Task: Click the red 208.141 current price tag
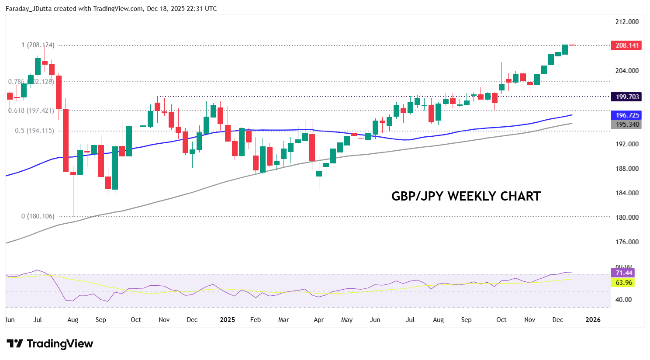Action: (x=627, y=45)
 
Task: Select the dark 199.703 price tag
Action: (x=627, y=97)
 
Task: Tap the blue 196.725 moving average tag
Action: (x=627, y=115)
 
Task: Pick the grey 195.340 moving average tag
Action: (x=627, y=125)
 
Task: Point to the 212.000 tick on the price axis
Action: (x=627, y=22)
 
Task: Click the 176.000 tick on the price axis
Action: (x=627, y=242)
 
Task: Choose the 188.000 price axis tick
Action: (x=627, y=169)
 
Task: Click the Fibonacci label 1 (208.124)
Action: (x=38, y=45)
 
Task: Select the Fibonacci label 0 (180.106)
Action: (x=38, y=216)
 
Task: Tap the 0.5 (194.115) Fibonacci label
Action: (x=35, y=131)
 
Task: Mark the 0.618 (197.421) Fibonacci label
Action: (x=31, y=111)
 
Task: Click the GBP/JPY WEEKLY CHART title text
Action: (x=466, y=196)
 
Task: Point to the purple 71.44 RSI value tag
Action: (x=623, y=273)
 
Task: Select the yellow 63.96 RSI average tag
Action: (x=623, y=283)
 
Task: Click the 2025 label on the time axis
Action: (x=227, y=320)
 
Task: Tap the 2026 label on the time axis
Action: (x=593, y=320)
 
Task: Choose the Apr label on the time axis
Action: (x=319, y=320)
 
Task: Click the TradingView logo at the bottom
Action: (x=50, y=344)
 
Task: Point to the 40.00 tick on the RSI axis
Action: (x=623, y=300)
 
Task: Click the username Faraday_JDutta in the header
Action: (x=28, y=9)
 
